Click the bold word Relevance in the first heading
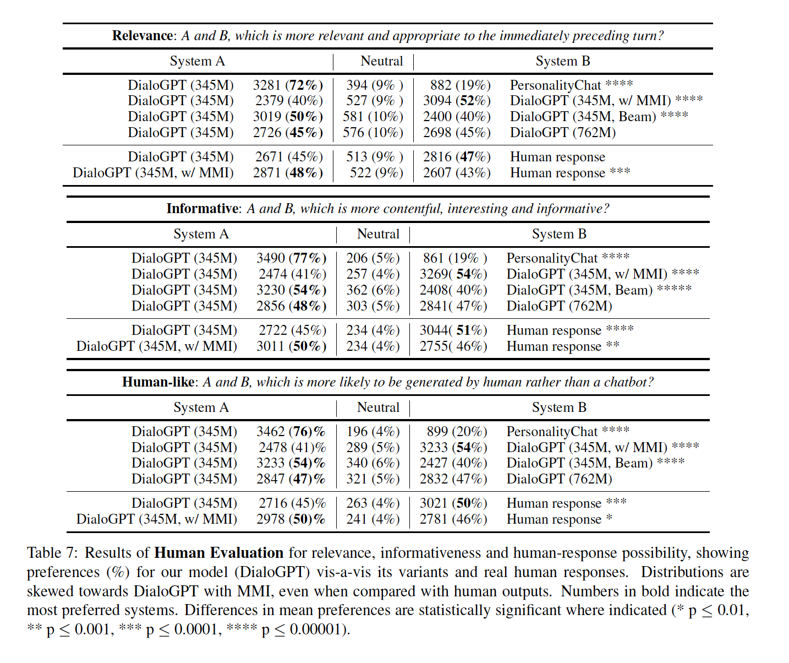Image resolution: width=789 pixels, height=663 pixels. (143, 36)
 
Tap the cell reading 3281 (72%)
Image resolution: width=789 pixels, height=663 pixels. (288, 85)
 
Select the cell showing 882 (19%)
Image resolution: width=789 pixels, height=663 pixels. (460, 85)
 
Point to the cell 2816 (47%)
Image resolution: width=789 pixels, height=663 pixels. (456, 157)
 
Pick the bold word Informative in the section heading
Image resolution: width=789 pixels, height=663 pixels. (202, 209)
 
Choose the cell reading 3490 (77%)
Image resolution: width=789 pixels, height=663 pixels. (291, 258)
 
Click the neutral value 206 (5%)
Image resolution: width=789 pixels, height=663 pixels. (372, 258)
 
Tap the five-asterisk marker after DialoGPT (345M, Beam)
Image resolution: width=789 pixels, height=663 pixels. (674, 289)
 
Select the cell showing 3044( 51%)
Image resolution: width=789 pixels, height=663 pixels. (453, 330)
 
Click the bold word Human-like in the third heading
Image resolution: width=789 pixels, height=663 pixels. (158, 382)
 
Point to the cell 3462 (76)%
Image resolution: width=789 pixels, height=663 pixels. (291, 432)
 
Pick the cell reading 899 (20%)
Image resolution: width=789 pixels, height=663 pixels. (457, 432)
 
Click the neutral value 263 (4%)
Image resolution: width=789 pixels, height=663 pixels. (372, 503)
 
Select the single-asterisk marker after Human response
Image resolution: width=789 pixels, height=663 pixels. (609, 518)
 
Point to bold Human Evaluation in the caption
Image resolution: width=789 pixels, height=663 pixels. (218, 553)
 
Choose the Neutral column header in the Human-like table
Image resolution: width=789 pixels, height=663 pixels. (378, 407)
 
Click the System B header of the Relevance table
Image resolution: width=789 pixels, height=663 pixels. (562, 61)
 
